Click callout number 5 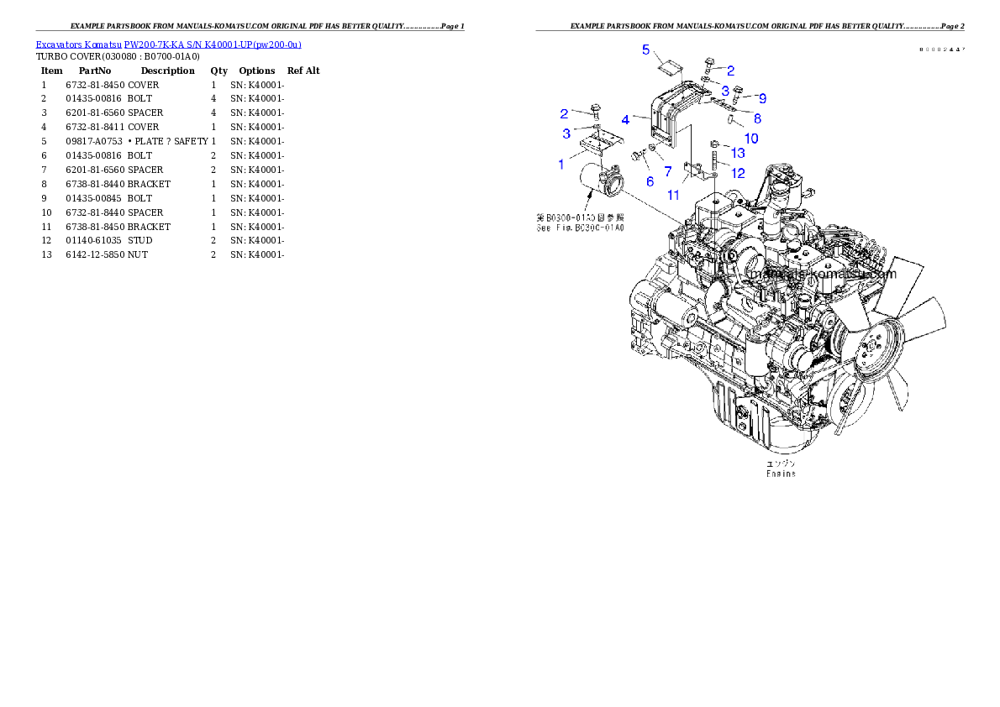646,50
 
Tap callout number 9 762,98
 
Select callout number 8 757,118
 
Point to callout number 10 751,137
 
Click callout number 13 738,153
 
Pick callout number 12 738,173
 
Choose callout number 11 673,196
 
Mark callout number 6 650,181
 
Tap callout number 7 668,171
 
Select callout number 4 625,120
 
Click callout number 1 561,165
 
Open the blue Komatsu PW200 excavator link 168,45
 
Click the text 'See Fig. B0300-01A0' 580,228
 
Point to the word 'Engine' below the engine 781,474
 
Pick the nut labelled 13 713,144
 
